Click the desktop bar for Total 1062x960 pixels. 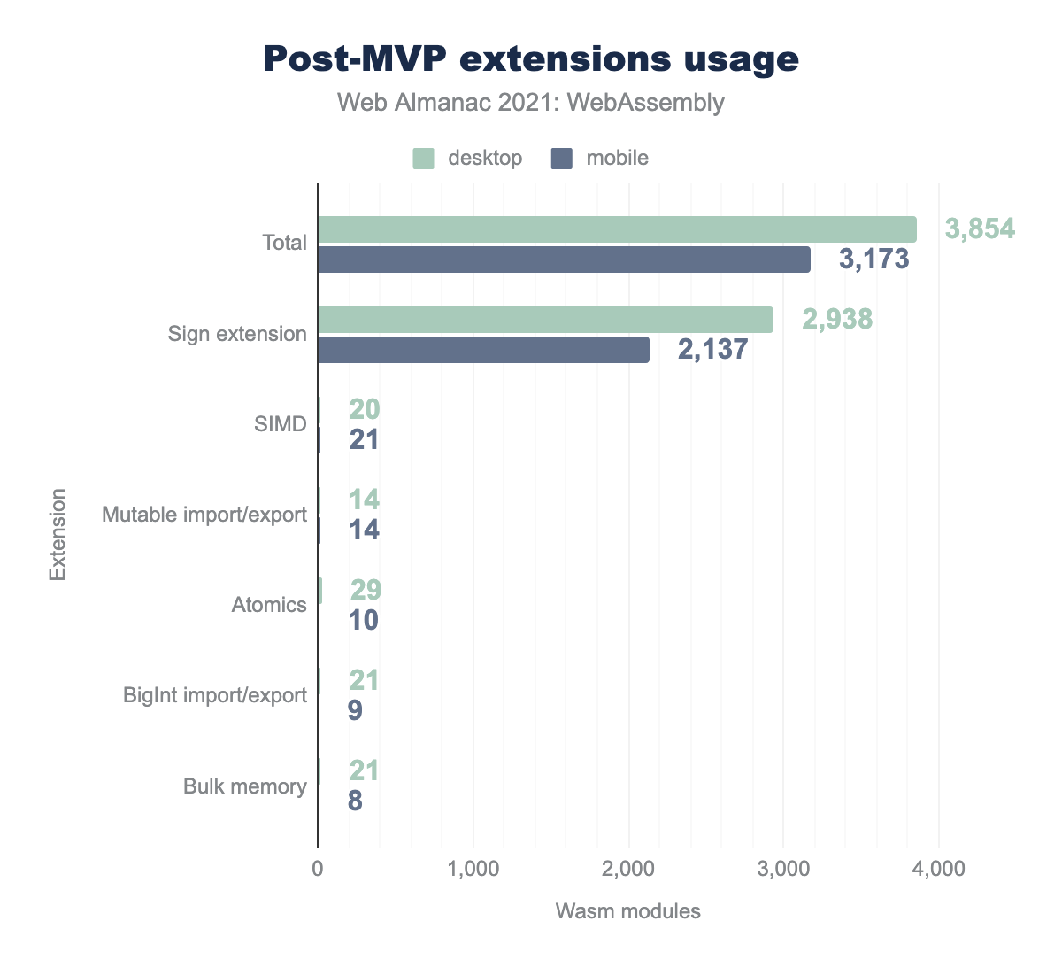pyautogui.click(x=617, y=229)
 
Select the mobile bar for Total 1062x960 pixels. pyautogui.click(x=564, y=259)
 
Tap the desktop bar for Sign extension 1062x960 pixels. pyautogui.click(x=545, y=320)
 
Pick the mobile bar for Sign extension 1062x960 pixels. pyautogui.click(x=483, y=350)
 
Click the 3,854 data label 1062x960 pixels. pyautogui.click(x=980, y=229)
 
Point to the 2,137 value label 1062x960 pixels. pyautogui.click(x=712, y=349)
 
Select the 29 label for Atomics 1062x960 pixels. pyautogui.click(x=366, y=590)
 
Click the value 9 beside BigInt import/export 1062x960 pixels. pyautogui.click(x=355, y=710)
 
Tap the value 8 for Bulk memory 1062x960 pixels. pyautogui.click(x=355, y=801)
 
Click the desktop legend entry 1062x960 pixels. pyautogui.click(x=468, y=159)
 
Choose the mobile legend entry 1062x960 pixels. pyautogui.click(x=600, y=159)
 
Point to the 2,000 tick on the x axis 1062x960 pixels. pyautogui.click(x=628, y=870)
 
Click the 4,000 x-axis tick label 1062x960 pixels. pyautogui.click(x=939, y=870)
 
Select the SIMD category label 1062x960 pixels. pyautogui.click(x=281, y=424)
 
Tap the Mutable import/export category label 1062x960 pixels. pyautogui.click(x=204, y=515)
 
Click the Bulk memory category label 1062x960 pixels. pyautogui.click(x=245, y=786)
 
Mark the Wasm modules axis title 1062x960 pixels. pyautogui.click(x=628, y=911)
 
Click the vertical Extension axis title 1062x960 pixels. pyautogui.click(x=58, y=534)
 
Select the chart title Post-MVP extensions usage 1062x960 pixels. pyautogui.click(x=531, y=59)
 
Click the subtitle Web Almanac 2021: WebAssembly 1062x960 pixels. pyautogui.click(x=531, y=103)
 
